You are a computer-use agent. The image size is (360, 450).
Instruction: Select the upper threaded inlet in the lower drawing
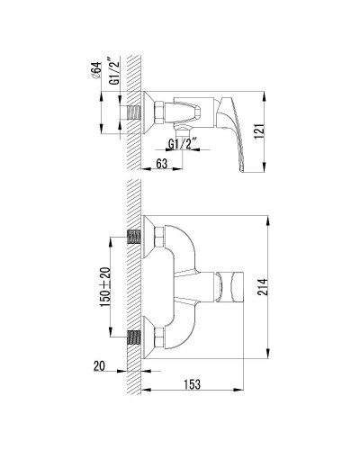[136, 238]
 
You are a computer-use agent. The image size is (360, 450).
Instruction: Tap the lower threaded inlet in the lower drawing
[136, 339]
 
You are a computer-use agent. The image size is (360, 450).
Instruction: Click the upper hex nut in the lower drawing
[160, 238]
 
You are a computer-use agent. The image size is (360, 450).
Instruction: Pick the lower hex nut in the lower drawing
[160, 339]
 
